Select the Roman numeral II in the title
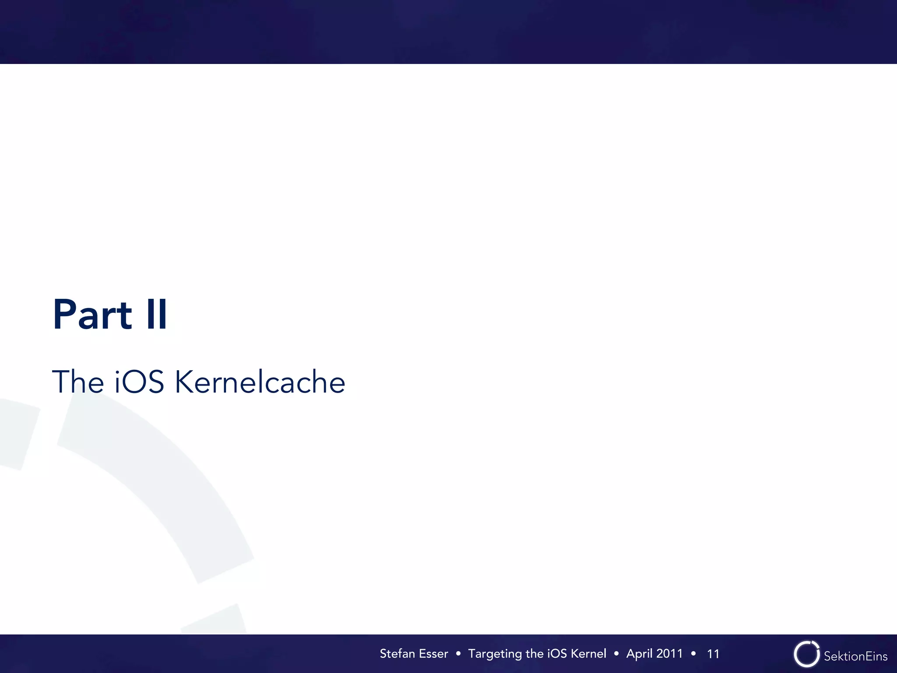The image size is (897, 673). pos(157,314)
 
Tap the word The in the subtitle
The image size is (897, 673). pos(78,382)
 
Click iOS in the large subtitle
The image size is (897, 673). pos(139,382)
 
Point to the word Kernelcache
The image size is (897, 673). pos(260,382)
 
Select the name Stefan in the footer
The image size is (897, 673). pos(397,654)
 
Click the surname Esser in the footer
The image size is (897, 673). pos(433,654)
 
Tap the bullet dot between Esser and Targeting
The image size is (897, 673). pos(458,654)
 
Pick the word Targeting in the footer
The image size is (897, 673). pos(495,654)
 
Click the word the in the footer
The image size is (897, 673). pos(534,654)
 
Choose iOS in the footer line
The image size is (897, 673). pos(557,654)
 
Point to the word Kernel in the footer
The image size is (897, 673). pos(589,654)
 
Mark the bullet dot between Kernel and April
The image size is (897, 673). pos(616,654)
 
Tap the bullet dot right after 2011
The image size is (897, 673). pos(693,654)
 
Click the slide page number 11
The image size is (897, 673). pos(713,654)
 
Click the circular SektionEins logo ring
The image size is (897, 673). pos(806,654)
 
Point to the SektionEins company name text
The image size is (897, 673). pos(855,656)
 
